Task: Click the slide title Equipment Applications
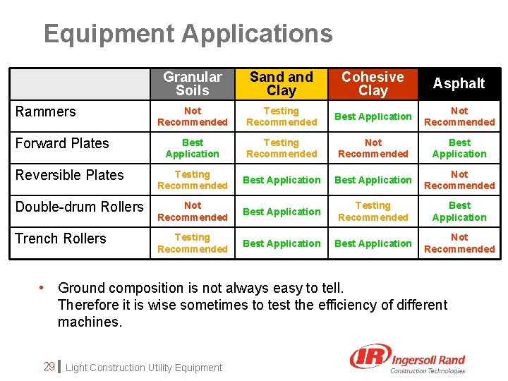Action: tap(188, 34)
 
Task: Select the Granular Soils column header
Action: tap(193, 83)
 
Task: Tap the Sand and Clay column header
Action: tap(282, 83)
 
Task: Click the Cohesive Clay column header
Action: tap(373, 83)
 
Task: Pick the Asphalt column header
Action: tap(459, 83)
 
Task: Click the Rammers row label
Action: tap(46, 111)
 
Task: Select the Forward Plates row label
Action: tap(62, 143)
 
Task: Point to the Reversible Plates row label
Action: tap(69, 175)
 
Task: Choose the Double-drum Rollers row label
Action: tap(79, 207)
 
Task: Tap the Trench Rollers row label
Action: tap(61, 238)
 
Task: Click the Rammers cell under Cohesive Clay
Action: tap(373, 116)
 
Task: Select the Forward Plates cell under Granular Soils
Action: tap(193, 148)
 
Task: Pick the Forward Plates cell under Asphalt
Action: tap(459, 148)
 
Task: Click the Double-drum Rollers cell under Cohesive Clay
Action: tap(373, 212)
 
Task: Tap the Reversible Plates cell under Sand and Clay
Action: tap(282, 180)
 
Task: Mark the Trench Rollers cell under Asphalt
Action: tap(459, 243)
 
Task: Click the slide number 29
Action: tap(49, 366)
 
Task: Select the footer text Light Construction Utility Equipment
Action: tap(143, 368)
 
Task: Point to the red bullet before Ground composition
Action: tap(42, 287)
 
